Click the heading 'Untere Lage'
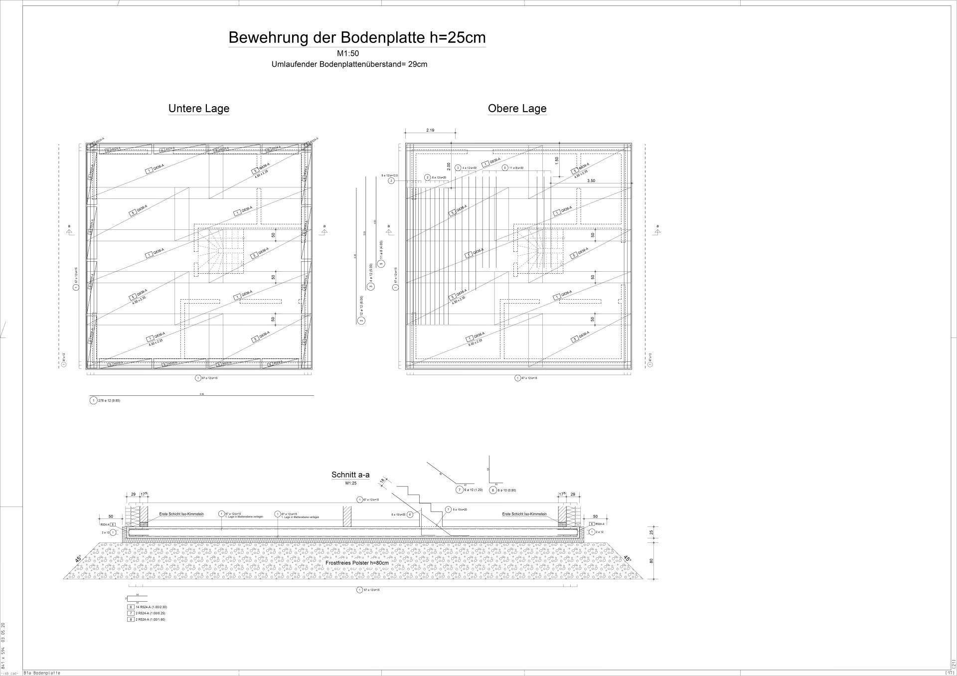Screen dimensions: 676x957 point(198,109)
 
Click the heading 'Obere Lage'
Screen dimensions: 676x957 point(517,109)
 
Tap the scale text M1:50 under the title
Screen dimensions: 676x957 point(347,54)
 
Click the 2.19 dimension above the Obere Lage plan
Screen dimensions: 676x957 point(430,130)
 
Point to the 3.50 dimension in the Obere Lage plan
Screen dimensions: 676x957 point(591,181)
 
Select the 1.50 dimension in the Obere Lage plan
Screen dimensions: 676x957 point(557,160)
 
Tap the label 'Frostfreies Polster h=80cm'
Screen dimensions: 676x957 point(357,563)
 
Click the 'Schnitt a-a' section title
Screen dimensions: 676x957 point(350,475)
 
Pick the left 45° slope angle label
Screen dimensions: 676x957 point(79,559)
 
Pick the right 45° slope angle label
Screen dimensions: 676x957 point(627,559)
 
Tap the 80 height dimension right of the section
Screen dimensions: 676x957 point(651,561)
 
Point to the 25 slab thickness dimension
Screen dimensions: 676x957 point(651,532)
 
